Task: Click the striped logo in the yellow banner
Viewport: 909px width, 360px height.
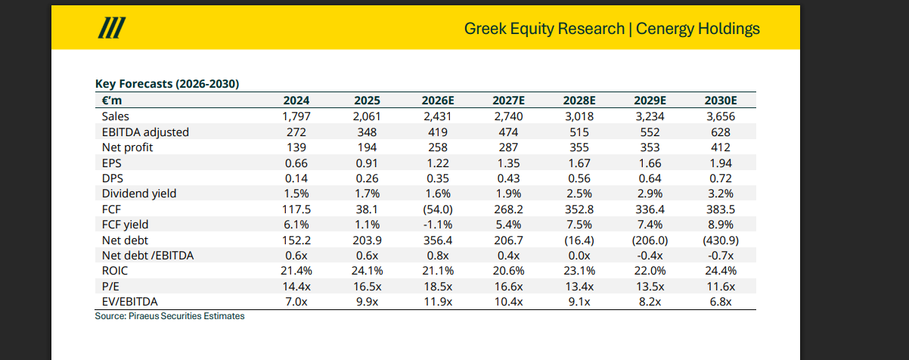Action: [112, 27]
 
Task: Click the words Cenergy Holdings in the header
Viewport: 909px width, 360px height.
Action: [697, 29]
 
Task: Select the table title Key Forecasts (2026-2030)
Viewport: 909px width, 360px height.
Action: [167, 84]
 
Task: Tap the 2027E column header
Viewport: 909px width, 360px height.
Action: [508, 101]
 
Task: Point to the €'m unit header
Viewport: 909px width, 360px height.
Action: [112, 101]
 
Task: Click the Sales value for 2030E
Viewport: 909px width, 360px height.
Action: [721, 116]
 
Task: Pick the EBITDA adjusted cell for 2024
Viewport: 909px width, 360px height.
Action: [296, 132]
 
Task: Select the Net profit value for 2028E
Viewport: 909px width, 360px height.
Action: [579, 147]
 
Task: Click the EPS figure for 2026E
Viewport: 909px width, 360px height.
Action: [438, 163]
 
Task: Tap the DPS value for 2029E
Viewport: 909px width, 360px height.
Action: [650, 178]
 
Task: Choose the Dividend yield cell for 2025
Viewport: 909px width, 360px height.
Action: [368, 194]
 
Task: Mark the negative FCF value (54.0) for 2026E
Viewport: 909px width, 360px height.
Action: [438, 209]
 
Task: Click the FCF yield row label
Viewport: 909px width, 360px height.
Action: [125, 225]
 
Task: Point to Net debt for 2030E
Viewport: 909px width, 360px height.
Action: [721, 241]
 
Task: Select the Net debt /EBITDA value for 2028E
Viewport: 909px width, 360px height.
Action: [579, 256]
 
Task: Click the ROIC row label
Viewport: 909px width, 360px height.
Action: [115, 271]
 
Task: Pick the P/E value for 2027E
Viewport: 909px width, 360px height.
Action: [508, 287]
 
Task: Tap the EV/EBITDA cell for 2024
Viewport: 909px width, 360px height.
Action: [296, 302]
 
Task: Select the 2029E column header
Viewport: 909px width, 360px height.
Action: [650, 101]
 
